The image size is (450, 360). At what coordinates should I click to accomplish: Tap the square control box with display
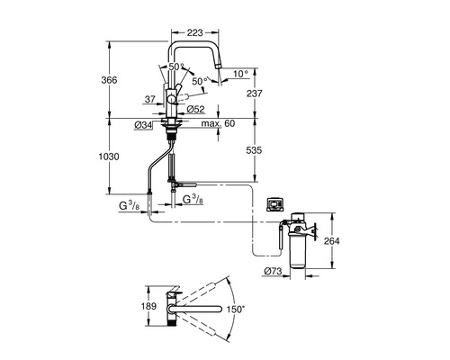coord(275,204)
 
